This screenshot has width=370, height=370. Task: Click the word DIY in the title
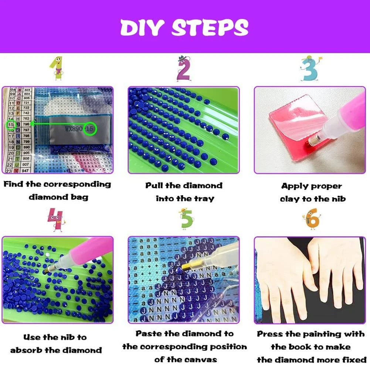pos(142,27)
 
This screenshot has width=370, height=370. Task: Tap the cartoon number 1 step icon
pos(56,69)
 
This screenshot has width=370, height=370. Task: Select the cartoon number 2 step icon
pos(183,69)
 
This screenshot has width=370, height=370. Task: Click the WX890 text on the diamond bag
pos(74,129)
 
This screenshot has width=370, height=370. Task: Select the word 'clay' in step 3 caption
pos(290,199)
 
